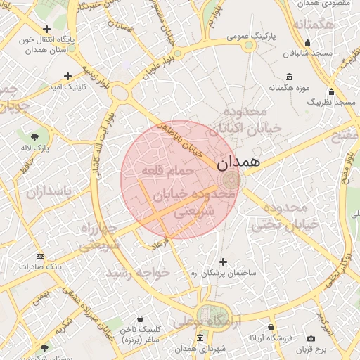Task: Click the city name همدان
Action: tap(238, 162)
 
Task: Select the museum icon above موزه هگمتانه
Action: tap(289, 77)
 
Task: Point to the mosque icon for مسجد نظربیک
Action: tap(331, 92)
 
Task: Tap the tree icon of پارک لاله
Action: tap(35, 136)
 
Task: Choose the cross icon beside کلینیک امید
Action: tap(68, 76)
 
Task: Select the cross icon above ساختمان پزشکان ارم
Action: tap(224, 261)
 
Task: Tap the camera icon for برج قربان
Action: tap(311, 339)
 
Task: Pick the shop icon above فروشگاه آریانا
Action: tap(271, 327)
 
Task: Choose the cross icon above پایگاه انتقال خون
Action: tap(46, 30)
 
